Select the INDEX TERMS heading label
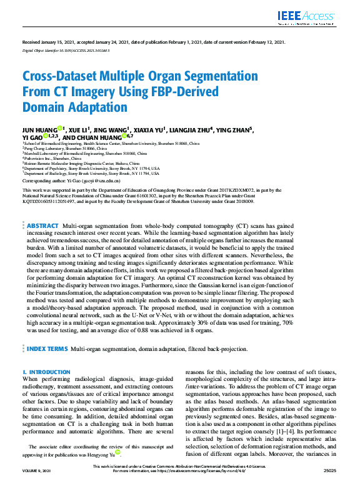tap(47, 348)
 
